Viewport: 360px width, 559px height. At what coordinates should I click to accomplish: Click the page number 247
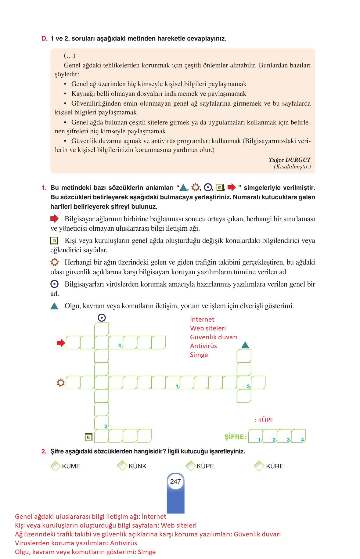[175, 481]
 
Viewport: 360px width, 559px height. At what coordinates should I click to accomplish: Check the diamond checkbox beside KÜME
[56, 466]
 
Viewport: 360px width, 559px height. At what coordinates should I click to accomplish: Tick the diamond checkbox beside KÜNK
[122, 466]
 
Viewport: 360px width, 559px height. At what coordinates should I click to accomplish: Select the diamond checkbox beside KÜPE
[191, 466]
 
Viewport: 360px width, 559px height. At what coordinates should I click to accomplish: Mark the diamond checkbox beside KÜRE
[259, 466]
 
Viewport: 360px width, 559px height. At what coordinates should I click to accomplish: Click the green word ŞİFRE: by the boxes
[235, 437]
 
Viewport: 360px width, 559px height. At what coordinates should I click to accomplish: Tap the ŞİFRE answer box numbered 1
[255, 436]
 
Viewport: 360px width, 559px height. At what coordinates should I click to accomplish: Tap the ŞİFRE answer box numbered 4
[298, 436]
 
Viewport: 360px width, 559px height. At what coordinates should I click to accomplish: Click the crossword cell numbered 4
[116, 342]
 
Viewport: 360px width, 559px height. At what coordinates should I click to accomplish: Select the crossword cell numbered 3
[244, 383]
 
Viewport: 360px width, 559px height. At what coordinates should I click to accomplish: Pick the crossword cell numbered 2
[102, 423]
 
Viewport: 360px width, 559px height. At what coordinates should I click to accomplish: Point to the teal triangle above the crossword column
[245, 345]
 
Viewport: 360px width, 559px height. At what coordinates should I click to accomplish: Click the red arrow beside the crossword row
[61, 343]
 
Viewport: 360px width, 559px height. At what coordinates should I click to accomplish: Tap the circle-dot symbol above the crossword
[102, 318]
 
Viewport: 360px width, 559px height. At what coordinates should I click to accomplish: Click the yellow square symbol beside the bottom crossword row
[89, 437]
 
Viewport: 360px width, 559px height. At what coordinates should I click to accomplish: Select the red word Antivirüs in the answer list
[203, 346]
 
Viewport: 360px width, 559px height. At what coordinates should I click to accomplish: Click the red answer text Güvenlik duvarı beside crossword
[213, 337]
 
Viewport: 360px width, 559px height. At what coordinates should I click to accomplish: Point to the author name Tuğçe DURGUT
[290, 160]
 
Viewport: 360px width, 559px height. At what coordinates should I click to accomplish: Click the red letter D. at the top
[45, 39]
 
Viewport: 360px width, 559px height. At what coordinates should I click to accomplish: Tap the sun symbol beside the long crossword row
[61, 383]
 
